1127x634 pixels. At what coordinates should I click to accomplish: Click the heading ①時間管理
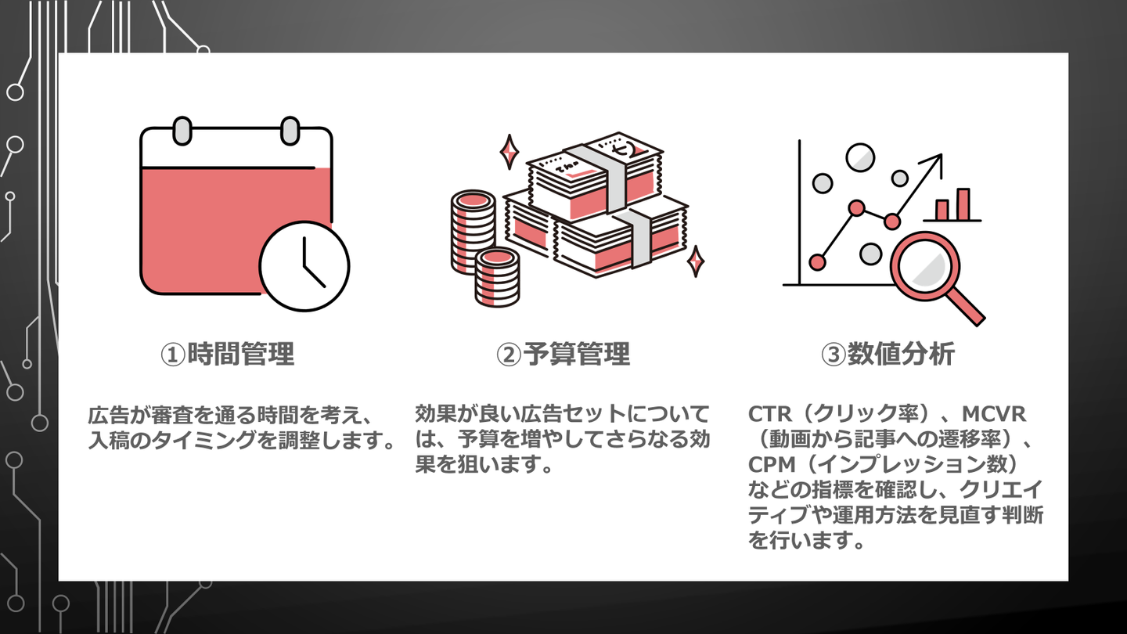(228, 355)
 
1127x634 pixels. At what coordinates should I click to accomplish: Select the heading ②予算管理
(563, 355)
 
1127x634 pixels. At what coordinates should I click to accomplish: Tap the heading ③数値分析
(888, 355)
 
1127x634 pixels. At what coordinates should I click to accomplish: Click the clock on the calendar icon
(304, 265)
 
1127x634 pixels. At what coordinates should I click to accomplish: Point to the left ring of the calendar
(181, 130)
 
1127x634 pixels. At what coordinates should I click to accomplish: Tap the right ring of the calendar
(290, 130)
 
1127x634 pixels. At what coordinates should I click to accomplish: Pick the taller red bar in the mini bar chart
(963, 204)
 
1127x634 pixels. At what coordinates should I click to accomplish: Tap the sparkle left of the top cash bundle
(509, 151)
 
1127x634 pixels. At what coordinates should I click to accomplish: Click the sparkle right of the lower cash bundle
(695, 261)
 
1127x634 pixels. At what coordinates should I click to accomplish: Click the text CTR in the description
(771, 413)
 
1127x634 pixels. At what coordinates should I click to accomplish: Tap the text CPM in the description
(771, 465)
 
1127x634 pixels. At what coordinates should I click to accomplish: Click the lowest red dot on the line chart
(818, 261)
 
